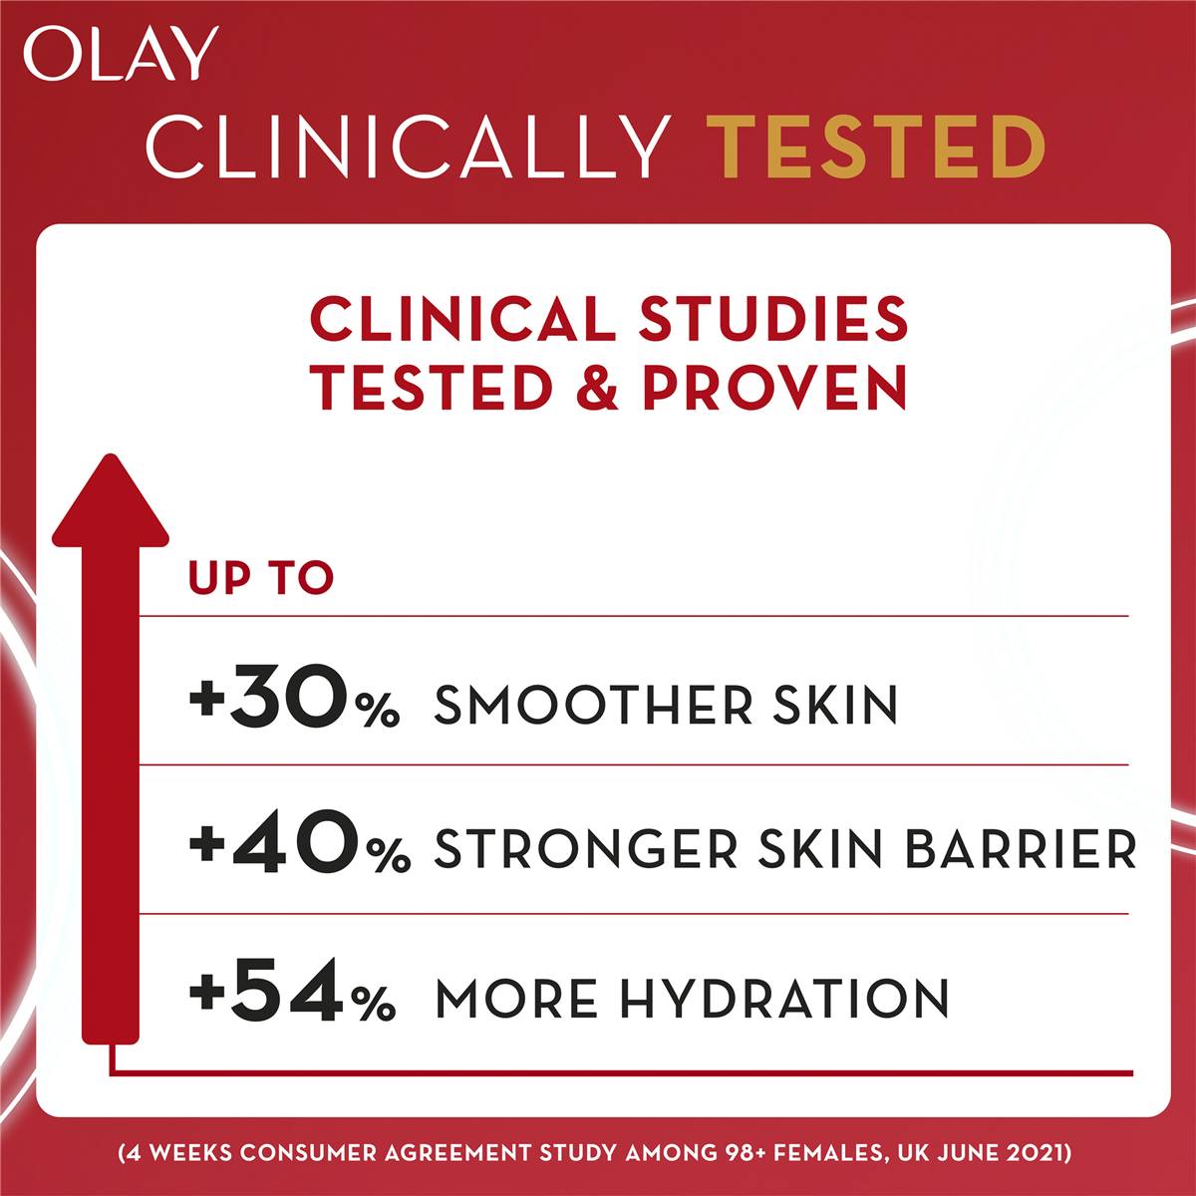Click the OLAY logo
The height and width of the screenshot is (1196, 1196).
pos(120,55)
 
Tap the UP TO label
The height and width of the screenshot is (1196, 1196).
pos(261,579)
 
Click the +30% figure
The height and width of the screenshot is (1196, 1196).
pos(294,704)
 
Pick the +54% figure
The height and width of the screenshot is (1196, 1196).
pos(293,998)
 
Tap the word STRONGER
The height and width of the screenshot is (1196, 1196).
pos(587,850)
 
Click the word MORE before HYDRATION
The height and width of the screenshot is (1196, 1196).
pos(517,999)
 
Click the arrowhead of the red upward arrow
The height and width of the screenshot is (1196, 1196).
pos(110,498)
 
